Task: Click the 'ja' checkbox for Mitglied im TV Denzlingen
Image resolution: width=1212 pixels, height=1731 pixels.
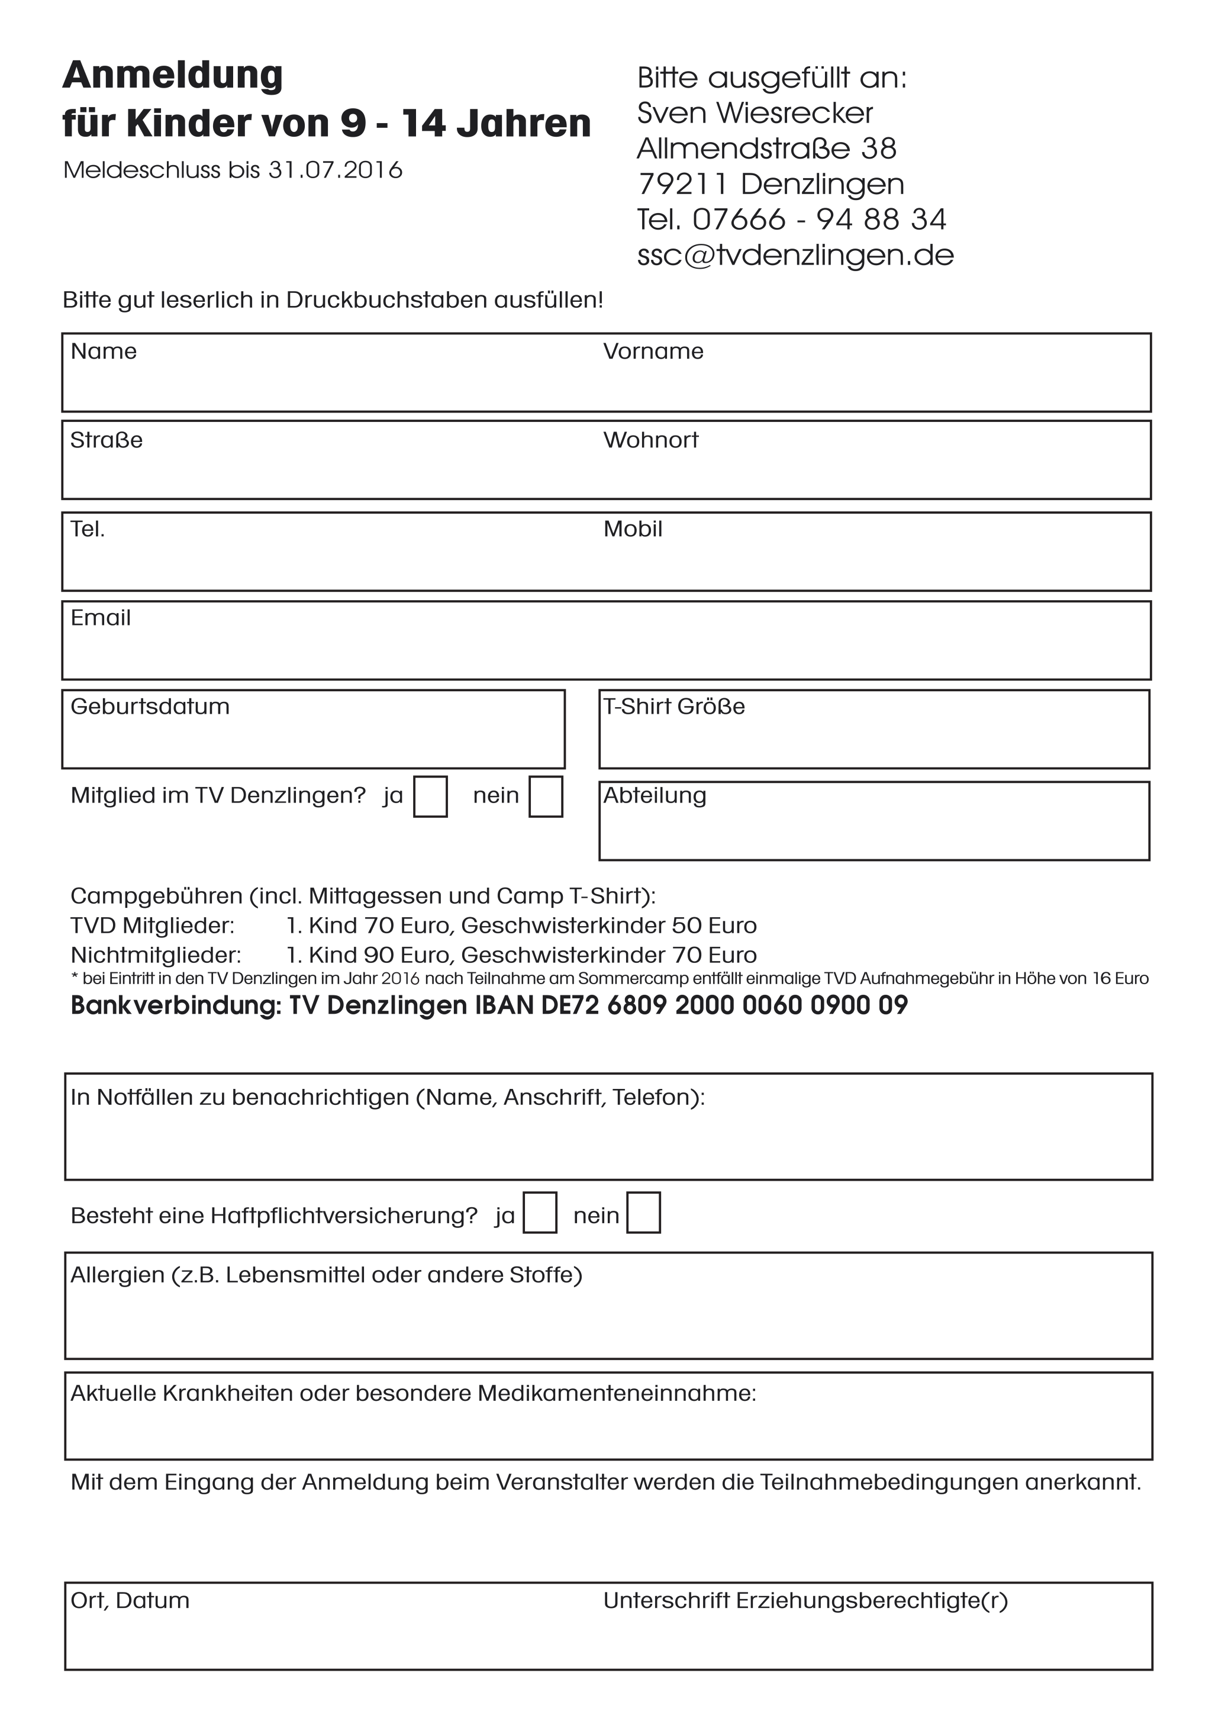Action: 430,797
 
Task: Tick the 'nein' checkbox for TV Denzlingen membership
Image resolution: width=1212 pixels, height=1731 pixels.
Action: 546,797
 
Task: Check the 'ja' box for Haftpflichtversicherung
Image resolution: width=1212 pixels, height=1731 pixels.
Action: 540,1213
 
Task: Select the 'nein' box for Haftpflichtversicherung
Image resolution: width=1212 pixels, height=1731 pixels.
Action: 644,1213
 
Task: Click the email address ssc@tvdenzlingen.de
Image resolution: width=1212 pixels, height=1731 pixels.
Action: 795,256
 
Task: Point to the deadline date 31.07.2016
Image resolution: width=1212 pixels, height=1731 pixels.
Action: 336,170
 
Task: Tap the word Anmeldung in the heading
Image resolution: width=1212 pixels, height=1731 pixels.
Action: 173,75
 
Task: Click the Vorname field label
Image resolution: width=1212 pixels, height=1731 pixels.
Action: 653,352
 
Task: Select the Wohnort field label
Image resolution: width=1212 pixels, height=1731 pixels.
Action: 650,440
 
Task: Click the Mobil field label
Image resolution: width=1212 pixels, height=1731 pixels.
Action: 633,529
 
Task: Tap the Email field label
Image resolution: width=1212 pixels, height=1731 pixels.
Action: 100,618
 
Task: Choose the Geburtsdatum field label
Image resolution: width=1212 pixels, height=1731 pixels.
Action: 150,707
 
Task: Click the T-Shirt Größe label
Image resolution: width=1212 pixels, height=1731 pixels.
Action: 674,707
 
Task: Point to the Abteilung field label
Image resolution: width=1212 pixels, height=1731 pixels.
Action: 655,796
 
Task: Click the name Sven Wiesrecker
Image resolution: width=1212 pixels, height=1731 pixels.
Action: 755,113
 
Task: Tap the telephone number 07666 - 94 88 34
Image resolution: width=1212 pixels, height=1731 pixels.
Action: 818,220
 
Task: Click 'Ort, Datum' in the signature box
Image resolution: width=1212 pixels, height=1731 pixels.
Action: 130,1601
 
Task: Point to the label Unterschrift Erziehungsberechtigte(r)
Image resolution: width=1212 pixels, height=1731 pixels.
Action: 805,1601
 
